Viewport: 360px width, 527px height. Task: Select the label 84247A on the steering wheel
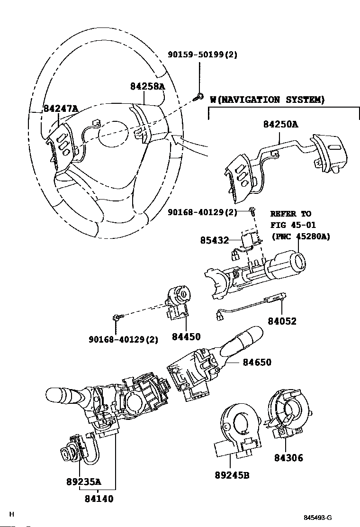pyautogui.click(x=60, y=109)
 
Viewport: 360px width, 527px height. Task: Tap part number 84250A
pyautogui.click(x=280, y=125)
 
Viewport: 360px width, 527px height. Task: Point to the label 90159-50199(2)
pyautogui.click(x=202, y=55)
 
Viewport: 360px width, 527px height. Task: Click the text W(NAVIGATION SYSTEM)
pyautogui.click(x=267, y=100)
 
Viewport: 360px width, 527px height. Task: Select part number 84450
pyautogui.click(x=186, y=337)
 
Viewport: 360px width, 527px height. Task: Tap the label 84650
pyautogui.click(x=257, y=363)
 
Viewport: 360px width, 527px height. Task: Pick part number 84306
pyautogui.click(x=288, y=458)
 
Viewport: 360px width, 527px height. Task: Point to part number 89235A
pyautogui.click(x=83, y=482)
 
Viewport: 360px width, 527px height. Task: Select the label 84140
pyautogui.click(x=99, y=499)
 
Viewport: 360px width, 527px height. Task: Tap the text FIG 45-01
pyautogui.click(x=293, y=225)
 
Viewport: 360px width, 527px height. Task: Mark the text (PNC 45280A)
pyautogui.click(x=300, y=236)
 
